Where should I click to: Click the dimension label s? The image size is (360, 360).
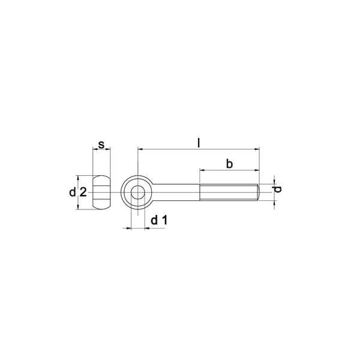coord(101,145)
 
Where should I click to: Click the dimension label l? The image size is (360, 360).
coord(199,143)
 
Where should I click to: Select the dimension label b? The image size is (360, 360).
coord(229,164)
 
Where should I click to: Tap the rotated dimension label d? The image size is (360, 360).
coord(278,189)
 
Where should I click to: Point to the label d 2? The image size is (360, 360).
coord(78,192)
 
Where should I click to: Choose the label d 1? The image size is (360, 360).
coord(160,220)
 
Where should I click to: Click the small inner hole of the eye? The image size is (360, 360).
coord(138,192)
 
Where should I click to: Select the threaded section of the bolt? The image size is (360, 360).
coord(229,192)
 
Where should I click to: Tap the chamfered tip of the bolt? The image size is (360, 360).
coord(258,192)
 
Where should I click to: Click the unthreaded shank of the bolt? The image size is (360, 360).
coord(175,192)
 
